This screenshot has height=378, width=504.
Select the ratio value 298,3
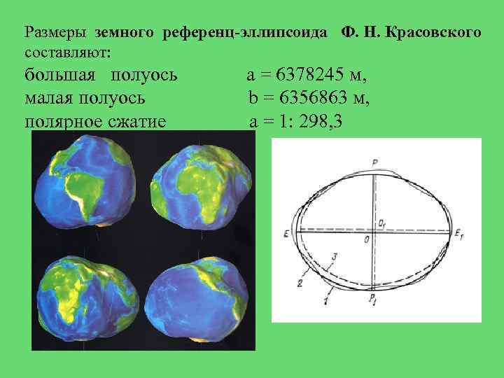point(320,122)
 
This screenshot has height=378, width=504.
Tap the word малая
point(50,98)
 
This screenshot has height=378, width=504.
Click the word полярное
point(62,122)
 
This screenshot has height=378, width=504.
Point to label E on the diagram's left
point(286,234)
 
